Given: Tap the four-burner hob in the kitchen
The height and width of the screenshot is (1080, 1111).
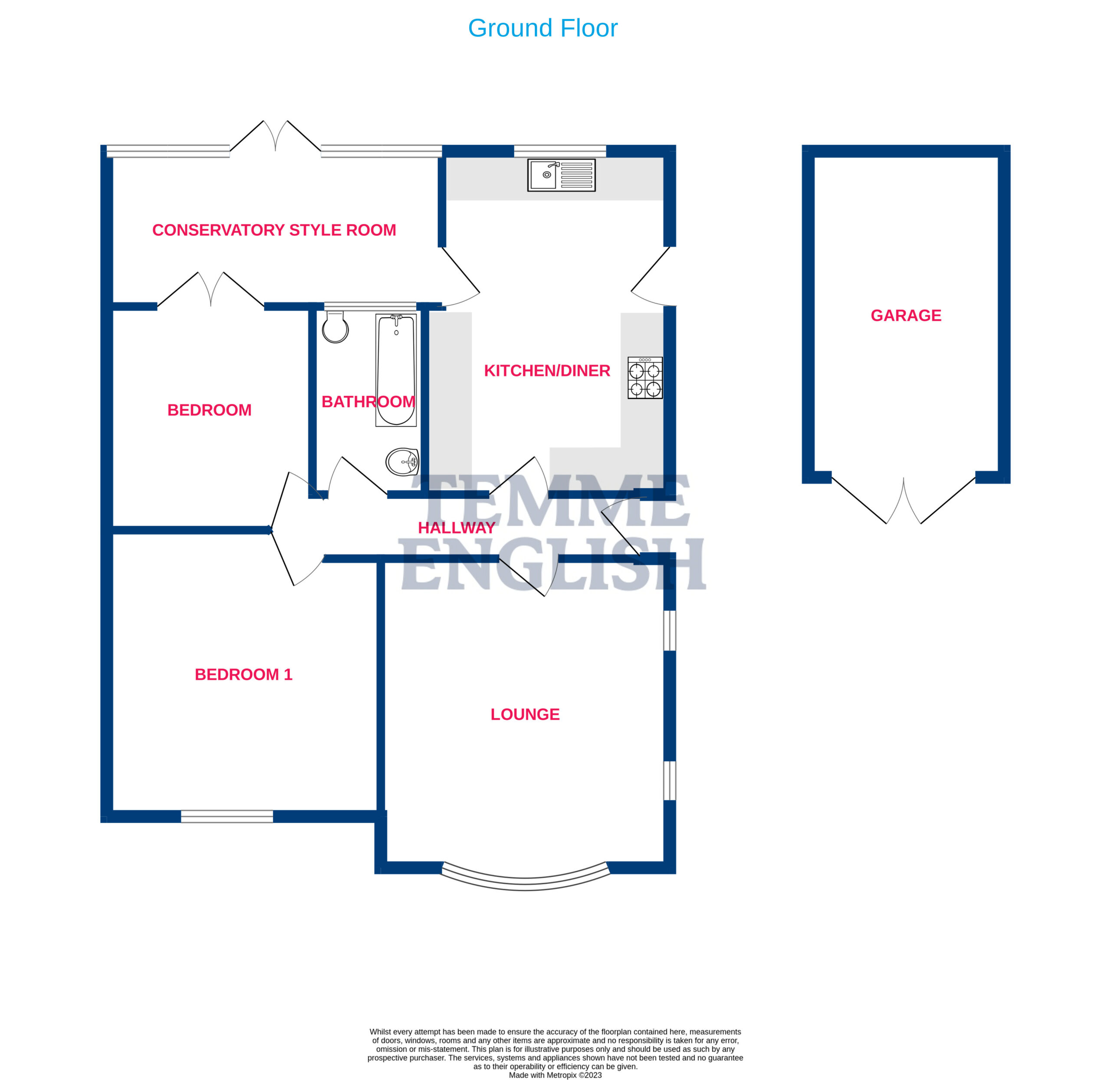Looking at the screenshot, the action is (645, 378).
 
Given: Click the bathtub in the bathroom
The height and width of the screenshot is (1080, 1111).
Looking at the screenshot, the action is (396, 370).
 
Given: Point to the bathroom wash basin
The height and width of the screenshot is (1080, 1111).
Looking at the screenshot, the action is (402, 462).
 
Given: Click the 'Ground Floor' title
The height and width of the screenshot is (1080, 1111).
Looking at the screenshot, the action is (543, 28).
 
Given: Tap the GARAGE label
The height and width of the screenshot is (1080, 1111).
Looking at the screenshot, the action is (906, 316).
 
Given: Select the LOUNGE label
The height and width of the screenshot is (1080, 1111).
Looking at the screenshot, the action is (525, 714).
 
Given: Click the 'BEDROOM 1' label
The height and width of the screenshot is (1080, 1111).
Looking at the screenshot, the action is (243, 675).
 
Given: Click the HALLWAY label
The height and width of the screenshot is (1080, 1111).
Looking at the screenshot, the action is (457, 527).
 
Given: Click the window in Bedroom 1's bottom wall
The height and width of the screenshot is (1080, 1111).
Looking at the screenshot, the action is (227, 816).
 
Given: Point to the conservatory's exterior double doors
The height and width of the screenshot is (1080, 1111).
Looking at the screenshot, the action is (275, 136).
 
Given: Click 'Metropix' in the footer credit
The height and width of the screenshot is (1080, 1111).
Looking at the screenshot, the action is (562, 1075).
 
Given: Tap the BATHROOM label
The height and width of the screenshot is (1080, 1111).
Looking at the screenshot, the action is (368, 402).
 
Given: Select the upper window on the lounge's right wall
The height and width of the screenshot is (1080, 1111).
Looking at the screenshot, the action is (670, 630).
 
